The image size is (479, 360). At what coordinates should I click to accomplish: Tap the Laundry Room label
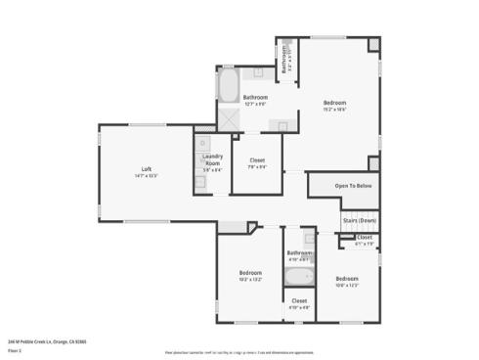(x=212, y=159)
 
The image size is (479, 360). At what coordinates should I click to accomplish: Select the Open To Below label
(x=353, y=185)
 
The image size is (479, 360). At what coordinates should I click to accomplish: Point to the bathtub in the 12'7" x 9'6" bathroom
(x=227, y=86)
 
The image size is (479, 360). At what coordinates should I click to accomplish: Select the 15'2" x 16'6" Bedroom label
(x=335, y=103)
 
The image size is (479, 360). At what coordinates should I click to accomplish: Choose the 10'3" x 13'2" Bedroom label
(x=250, y=272)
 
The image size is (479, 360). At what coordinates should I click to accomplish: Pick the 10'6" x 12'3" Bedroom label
(x=347, y=278)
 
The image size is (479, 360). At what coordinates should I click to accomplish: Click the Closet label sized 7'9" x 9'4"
(x=256, y=159)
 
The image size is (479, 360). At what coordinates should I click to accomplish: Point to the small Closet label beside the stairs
(x=364, y=238)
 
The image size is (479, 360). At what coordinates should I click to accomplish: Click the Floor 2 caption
(x=17, y=349)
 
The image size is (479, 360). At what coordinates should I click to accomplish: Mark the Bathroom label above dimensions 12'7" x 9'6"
(x=256, y=97)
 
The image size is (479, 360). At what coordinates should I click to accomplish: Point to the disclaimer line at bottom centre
(x=239, y=350)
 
